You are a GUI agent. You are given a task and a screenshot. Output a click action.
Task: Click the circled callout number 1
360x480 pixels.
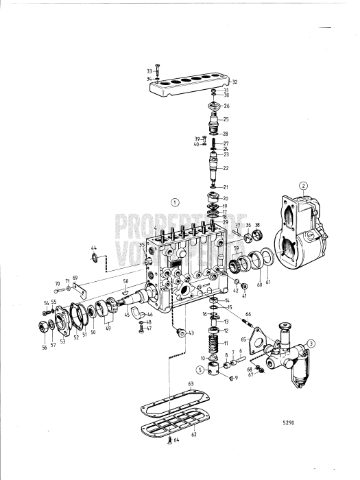[x=175, y=202]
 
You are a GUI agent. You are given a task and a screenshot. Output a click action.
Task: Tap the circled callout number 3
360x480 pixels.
[x=311, y=344]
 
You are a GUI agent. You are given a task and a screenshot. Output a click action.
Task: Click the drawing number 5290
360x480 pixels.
[x=289, y=423]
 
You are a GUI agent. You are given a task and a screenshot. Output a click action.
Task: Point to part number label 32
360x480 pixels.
[x=234, y=82]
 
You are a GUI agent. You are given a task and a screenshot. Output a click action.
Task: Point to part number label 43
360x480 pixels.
[x=191, y=333]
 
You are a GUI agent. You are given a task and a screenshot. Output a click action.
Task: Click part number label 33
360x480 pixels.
[x=149, y=71]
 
